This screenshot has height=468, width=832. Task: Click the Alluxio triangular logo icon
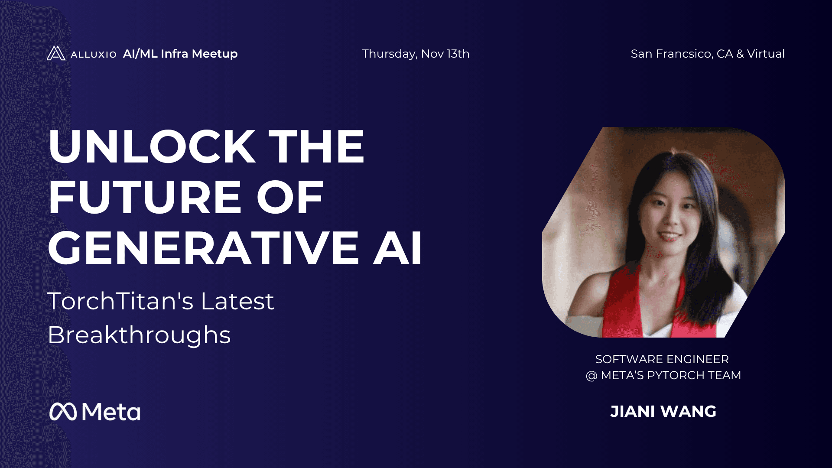(x=56, y=53)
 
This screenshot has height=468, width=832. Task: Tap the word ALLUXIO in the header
(x=94, y=54)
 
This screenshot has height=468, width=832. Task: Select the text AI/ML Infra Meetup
(x=180, y=54)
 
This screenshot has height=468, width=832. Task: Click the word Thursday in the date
(x=390, y=54)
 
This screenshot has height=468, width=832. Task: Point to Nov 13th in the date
(x=445, y=54)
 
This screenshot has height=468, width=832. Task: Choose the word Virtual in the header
(x=766, y=54)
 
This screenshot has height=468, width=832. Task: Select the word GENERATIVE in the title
(x=203, y=248)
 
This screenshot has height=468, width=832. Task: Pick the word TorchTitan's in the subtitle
(x=120, y=301)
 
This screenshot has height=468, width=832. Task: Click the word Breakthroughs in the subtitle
(x=139, y=335)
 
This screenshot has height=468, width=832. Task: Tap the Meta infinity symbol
(x=63, y=412)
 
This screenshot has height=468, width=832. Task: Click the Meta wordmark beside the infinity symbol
(x=111, y=412)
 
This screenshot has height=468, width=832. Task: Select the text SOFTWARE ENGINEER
(x=662, y=359)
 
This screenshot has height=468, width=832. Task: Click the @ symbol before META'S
(x=591, y=376)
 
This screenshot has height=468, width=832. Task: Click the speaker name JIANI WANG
(x=663, y=412)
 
